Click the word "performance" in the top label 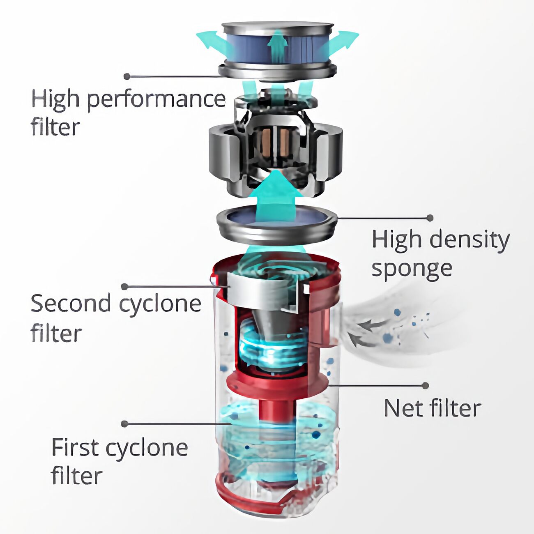157,100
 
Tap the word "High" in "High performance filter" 56,100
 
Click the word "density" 471,240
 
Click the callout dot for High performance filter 127,76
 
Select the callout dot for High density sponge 430,218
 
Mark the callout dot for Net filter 426,386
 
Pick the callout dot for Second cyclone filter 124,287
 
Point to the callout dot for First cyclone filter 124,424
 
